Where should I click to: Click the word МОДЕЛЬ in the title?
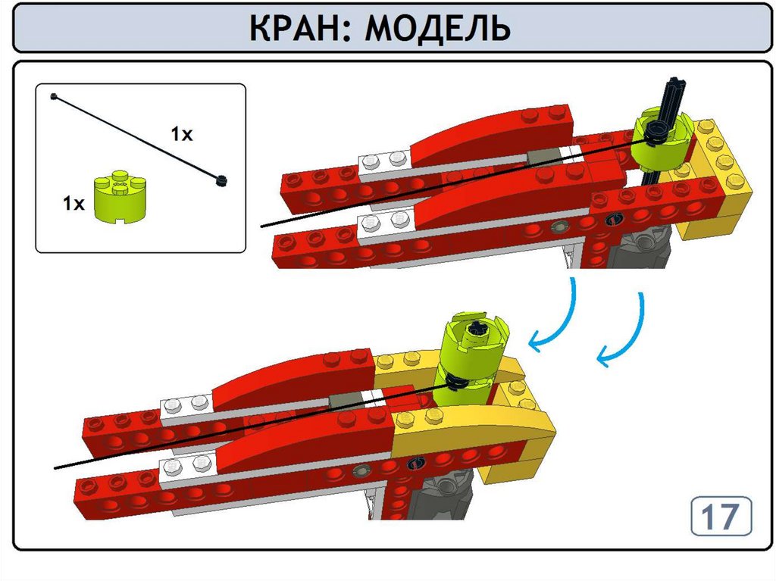tap(437, 29)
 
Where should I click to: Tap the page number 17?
tap(721, 517)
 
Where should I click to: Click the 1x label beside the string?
tap(182, 133)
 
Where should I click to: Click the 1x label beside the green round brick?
tap(74, 203)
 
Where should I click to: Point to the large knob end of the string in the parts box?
tap(221, 180)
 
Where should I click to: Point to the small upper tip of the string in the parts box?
tap(54, 96)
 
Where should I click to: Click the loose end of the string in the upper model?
tap(262, 226)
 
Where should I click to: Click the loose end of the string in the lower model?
tap(55, 467)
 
